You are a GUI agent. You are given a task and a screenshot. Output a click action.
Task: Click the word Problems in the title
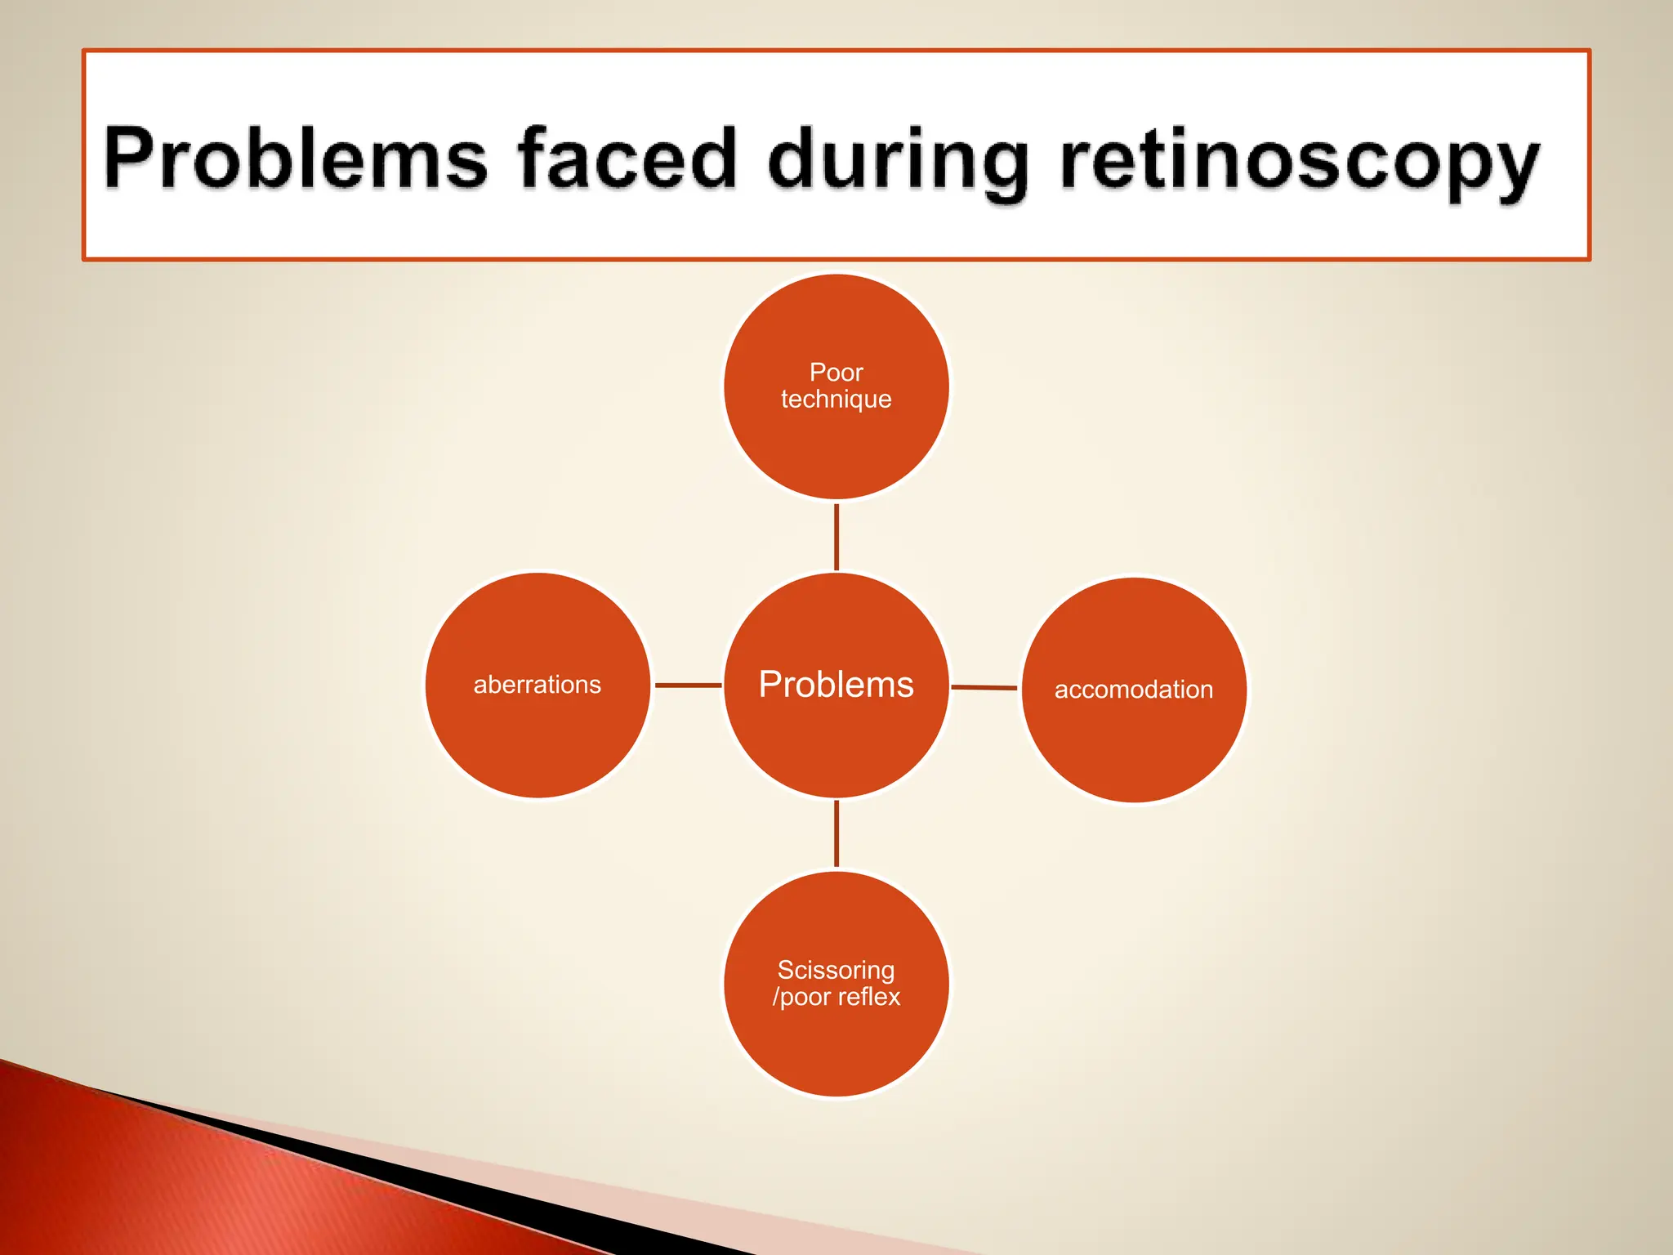point(296,159)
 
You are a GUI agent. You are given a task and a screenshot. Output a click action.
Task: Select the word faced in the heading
point(627,159)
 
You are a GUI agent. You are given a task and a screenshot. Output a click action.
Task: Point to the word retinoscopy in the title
point(1299,162)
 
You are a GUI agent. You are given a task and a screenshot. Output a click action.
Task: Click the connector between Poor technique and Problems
point(836,537)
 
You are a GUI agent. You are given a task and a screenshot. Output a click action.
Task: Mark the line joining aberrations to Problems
point(688,685)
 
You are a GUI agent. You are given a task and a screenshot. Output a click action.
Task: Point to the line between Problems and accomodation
point(984,687)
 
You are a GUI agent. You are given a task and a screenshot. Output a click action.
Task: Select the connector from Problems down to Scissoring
point(836,833)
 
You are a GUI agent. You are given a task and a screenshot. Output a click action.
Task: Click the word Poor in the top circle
point(836,373)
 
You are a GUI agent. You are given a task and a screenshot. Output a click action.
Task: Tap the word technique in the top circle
point(836,400)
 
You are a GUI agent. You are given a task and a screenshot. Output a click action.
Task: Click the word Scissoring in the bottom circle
point(836,970)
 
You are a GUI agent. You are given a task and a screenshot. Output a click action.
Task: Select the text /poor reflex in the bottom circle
point(836,997)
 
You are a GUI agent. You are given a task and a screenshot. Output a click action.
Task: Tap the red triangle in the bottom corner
point(204,1185)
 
